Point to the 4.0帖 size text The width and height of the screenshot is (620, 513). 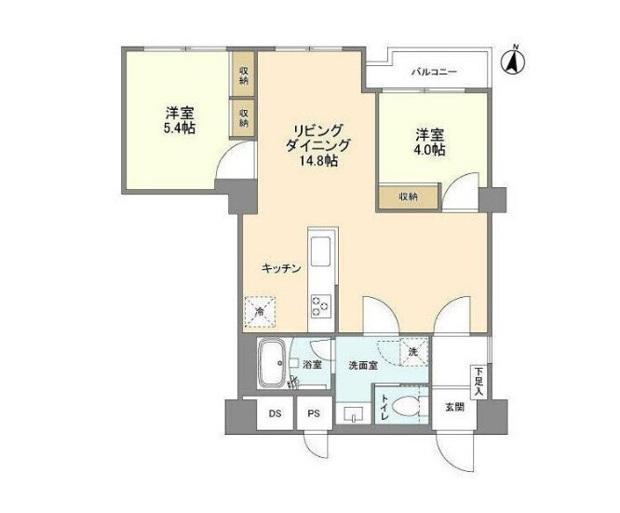429,149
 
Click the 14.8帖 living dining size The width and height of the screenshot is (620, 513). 317,161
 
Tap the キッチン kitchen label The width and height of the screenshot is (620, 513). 280,268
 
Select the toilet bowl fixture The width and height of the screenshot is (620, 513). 404,406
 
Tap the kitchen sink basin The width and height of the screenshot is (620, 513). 320,252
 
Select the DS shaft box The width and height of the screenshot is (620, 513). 275,412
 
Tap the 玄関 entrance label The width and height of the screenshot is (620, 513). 453,406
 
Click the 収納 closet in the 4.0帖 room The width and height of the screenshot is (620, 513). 408,196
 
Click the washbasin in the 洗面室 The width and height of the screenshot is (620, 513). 353,412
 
